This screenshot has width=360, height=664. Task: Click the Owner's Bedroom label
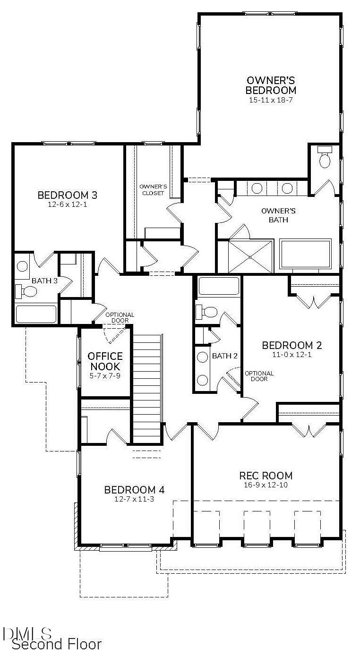click(x=271, y=85)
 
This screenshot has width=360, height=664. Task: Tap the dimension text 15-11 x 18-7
click(x=271, y=100)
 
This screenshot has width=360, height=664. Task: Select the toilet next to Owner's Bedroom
click(x=325, y=158)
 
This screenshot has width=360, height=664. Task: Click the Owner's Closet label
click(x=152, y=189)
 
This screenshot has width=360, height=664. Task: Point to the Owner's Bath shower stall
click(x=251, y=255)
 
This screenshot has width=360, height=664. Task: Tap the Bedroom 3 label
click(x=67, y=195)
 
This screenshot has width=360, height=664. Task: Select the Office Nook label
click(x=105, y=361)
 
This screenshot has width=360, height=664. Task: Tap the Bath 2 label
click(x=224, y=356)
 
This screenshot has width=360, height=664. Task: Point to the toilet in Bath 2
click(x=207, y=311)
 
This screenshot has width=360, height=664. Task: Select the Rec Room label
click(x=266, y=476)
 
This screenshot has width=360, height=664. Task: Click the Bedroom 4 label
click(x=134, y=490)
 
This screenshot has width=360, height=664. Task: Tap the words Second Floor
click(x=57, y=644)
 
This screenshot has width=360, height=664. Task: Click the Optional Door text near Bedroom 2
click(x=259, y=376)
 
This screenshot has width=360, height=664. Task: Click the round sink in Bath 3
click(x=22, y=266)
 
